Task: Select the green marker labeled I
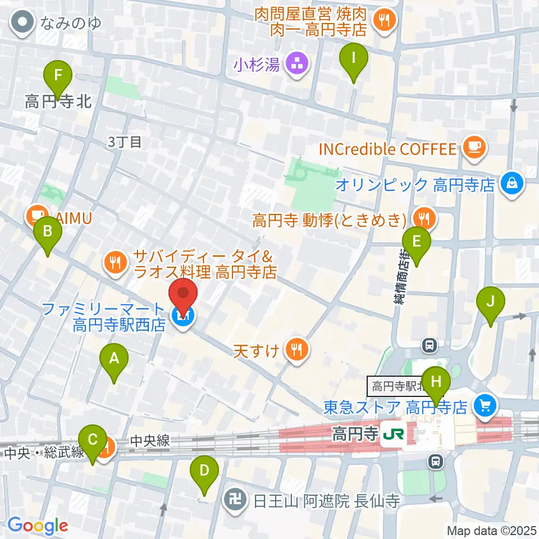tap(354, 57)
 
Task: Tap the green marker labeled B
tap(48, 231)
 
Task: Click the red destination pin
tap(184, 294)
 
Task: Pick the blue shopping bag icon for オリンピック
tap(512, 184)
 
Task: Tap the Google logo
tap(38, 526)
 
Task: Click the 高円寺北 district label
tap(58, 102)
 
